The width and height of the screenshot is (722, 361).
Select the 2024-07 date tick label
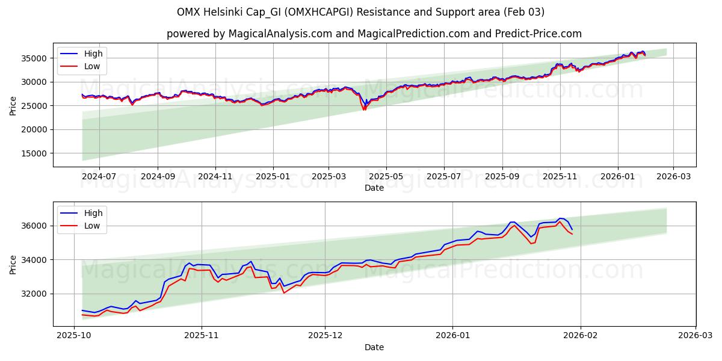(x=99, y=177)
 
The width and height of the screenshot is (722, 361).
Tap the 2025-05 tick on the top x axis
(x=386, y=177)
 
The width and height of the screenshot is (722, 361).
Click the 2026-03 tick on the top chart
(x=673, y=177)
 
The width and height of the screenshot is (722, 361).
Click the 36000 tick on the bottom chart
(x=40, y=226)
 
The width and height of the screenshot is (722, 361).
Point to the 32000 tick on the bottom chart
(x=40, y=294)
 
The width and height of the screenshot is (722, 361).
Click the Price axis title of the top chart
(x=13, y=105)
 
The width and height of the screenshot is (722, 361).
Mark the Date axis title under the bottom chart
(x=374, y=347)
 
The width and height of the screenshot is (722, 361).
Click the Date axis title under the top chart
(x=374, y=188)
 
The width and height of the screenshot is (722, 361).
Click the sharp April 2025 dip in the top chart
(x=364, y=109)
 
